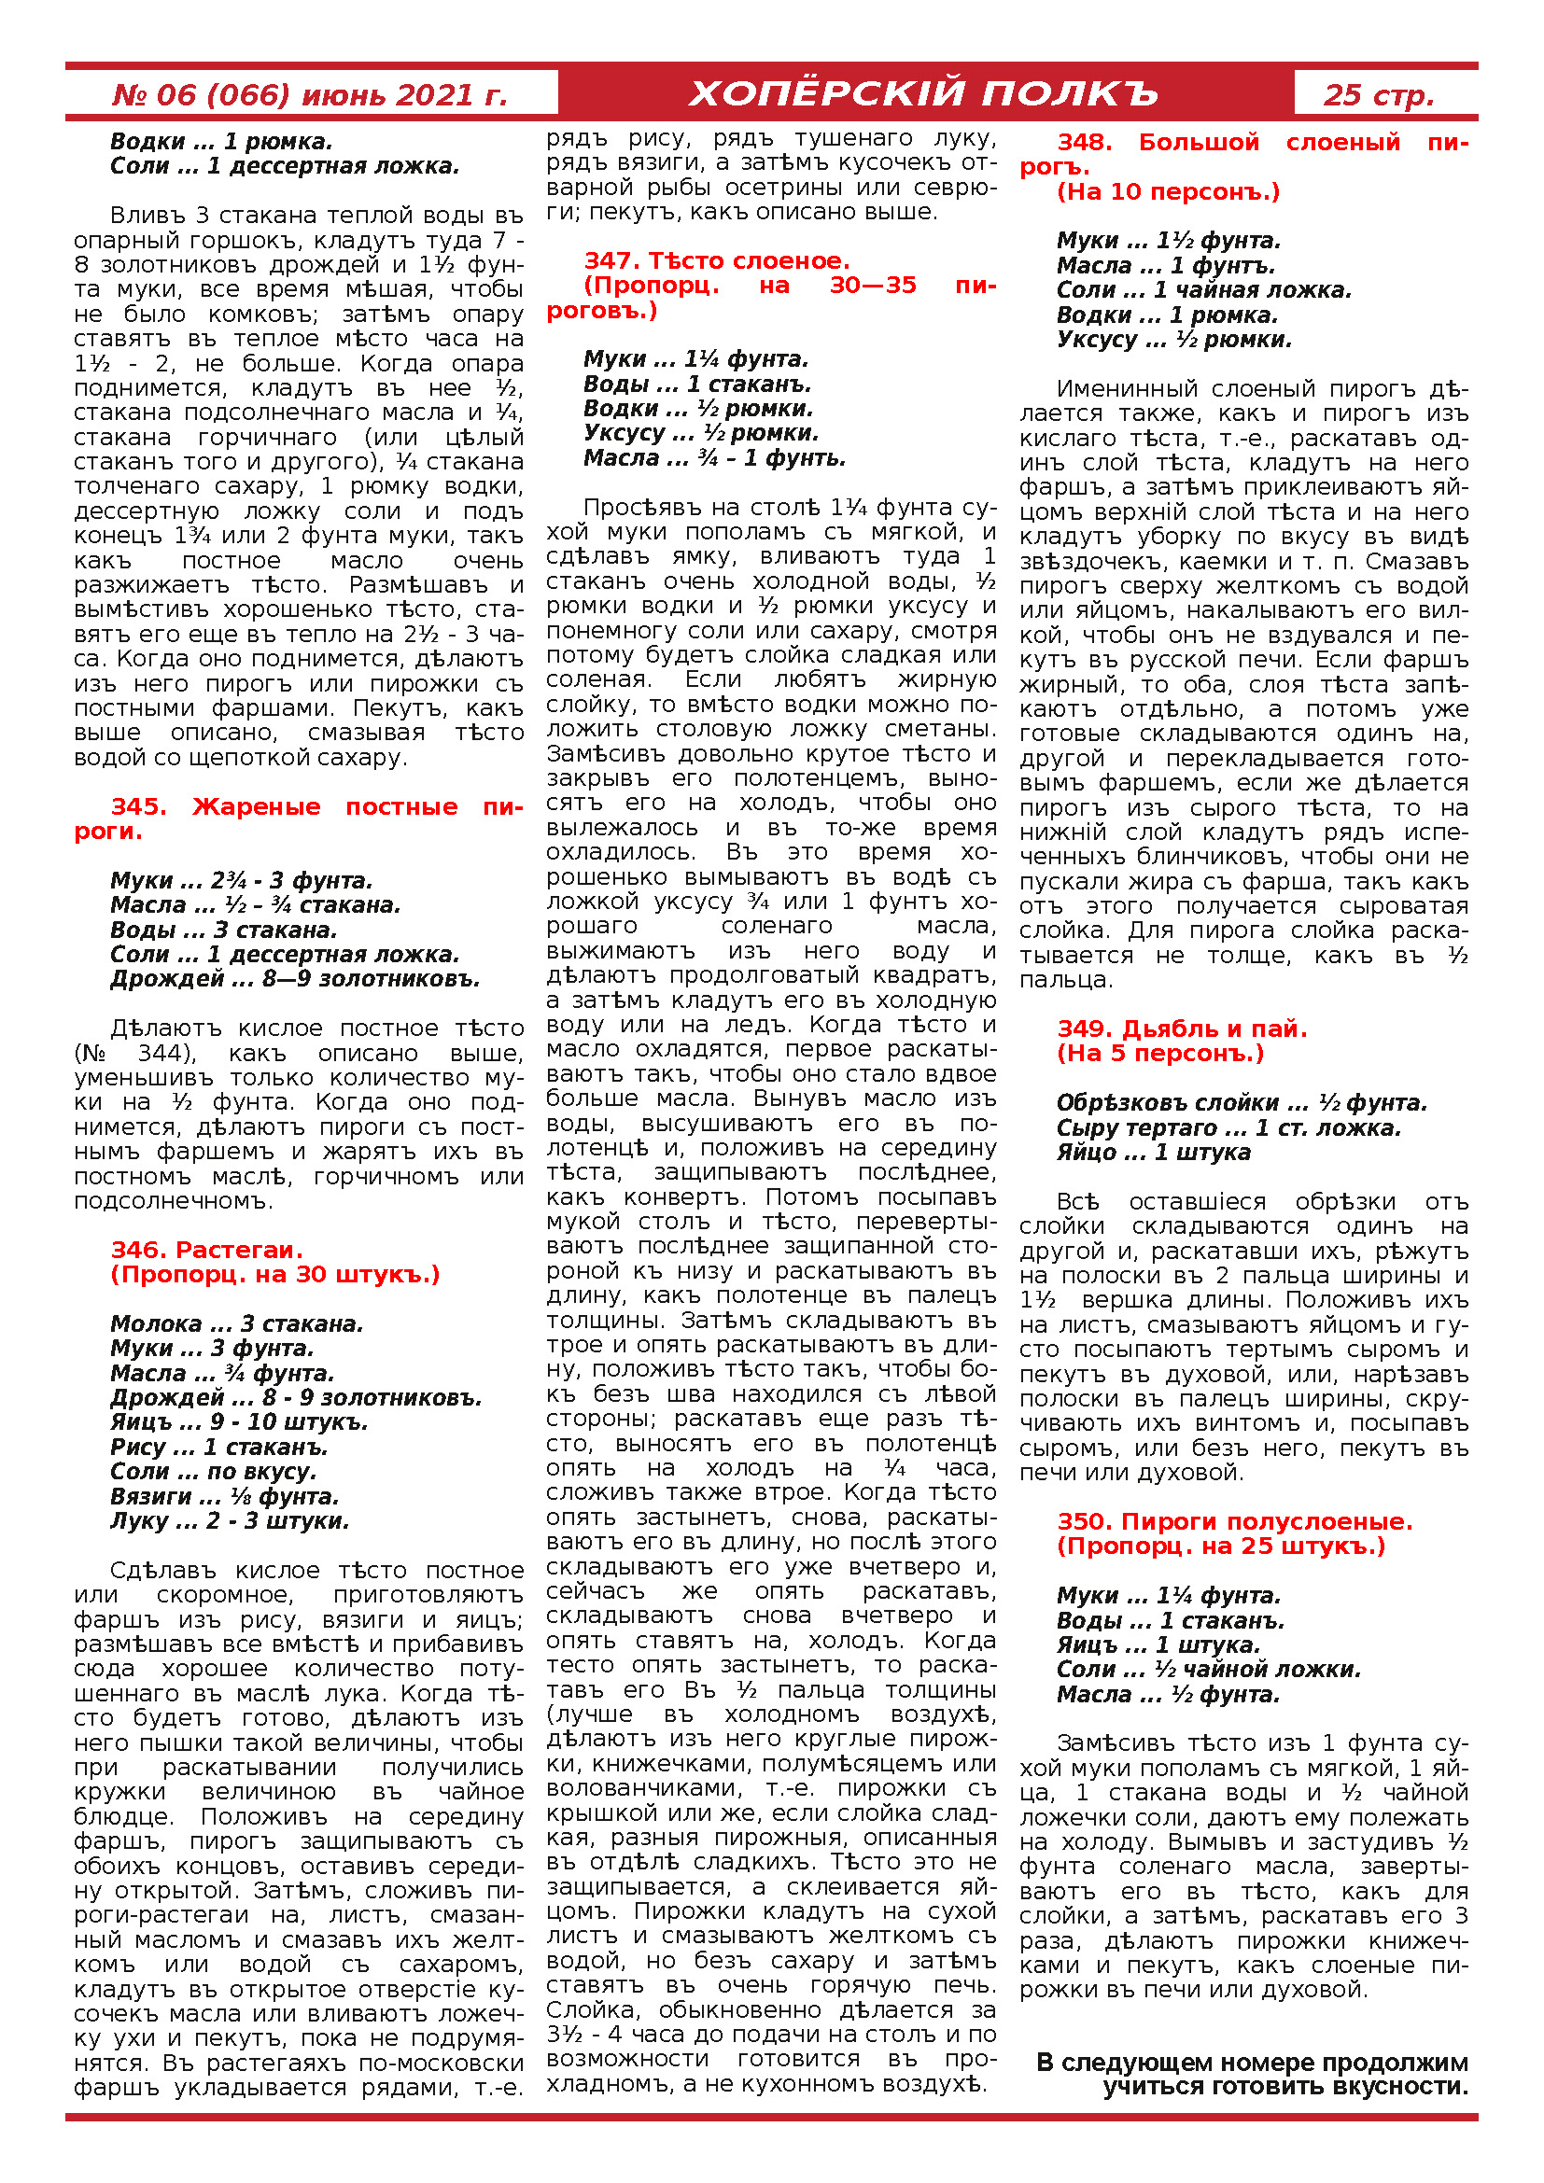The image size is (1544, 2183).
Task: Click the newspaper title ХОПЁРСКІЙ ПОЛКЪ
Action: tap(924, 94)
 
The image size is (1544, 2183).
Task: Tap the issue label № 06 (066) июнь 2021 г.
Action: tap(310, 95)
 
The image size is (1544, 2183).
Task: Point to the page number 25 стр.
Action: tap(1379, 95)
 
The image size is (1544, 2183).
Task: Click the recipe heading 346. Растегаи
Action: tap(207, 1250)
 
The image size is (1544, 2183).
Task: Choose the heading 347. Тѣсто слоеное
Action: tap(717, 260)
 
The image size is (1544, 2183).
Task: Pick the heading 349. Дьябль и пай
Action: tap(1182, 1028)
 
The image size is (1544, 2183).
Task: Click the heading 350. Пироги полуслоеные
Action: tap(1235, 1521)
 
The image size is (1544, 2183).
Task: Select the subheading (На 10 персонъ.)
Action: tap(1169, 192)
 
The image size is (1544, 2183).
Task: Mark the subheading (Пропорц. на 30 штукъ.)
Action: tap(275, 1274)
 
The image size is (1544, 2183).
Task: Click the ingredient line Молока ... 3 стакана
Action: tap(237, 1323)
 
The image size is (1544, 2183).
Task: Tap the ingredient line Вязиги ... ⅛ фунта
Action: tap(224, 1496)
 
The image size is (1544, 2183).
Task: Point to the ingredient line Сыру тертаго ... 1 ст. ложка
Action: tap(1228, 1127)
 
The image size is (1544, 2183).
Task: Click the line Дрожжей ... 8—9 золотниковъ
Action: tap(295, 978)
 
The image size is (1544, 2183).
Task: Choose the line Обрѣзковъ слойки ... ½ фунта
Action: tap(1242, 1103)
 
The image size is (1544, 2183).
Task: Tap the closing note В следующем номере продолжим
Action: tap(1251, 2063)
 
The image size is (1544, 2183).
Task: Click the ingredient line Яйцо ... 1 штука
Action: tap(1153, 1153)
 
